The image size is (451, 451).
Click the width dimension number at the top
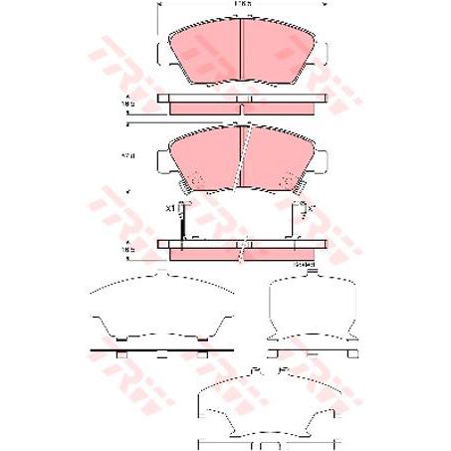click(242, 7)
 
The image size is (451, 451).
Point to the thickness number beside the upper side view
click(127, 102)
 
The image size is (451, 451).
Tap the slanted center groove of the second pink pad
click(244, 159)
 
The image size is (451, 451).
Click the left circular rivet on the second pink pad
click(195, 180)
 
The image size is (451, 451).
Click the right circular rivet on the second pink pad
click(290, 180)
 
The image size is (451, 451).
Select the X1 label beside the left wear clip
click(170, 208)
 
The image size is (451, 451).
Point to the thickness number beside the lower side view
click(127, 250)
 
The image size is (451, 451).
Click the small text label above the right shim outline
click(304, 265)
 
